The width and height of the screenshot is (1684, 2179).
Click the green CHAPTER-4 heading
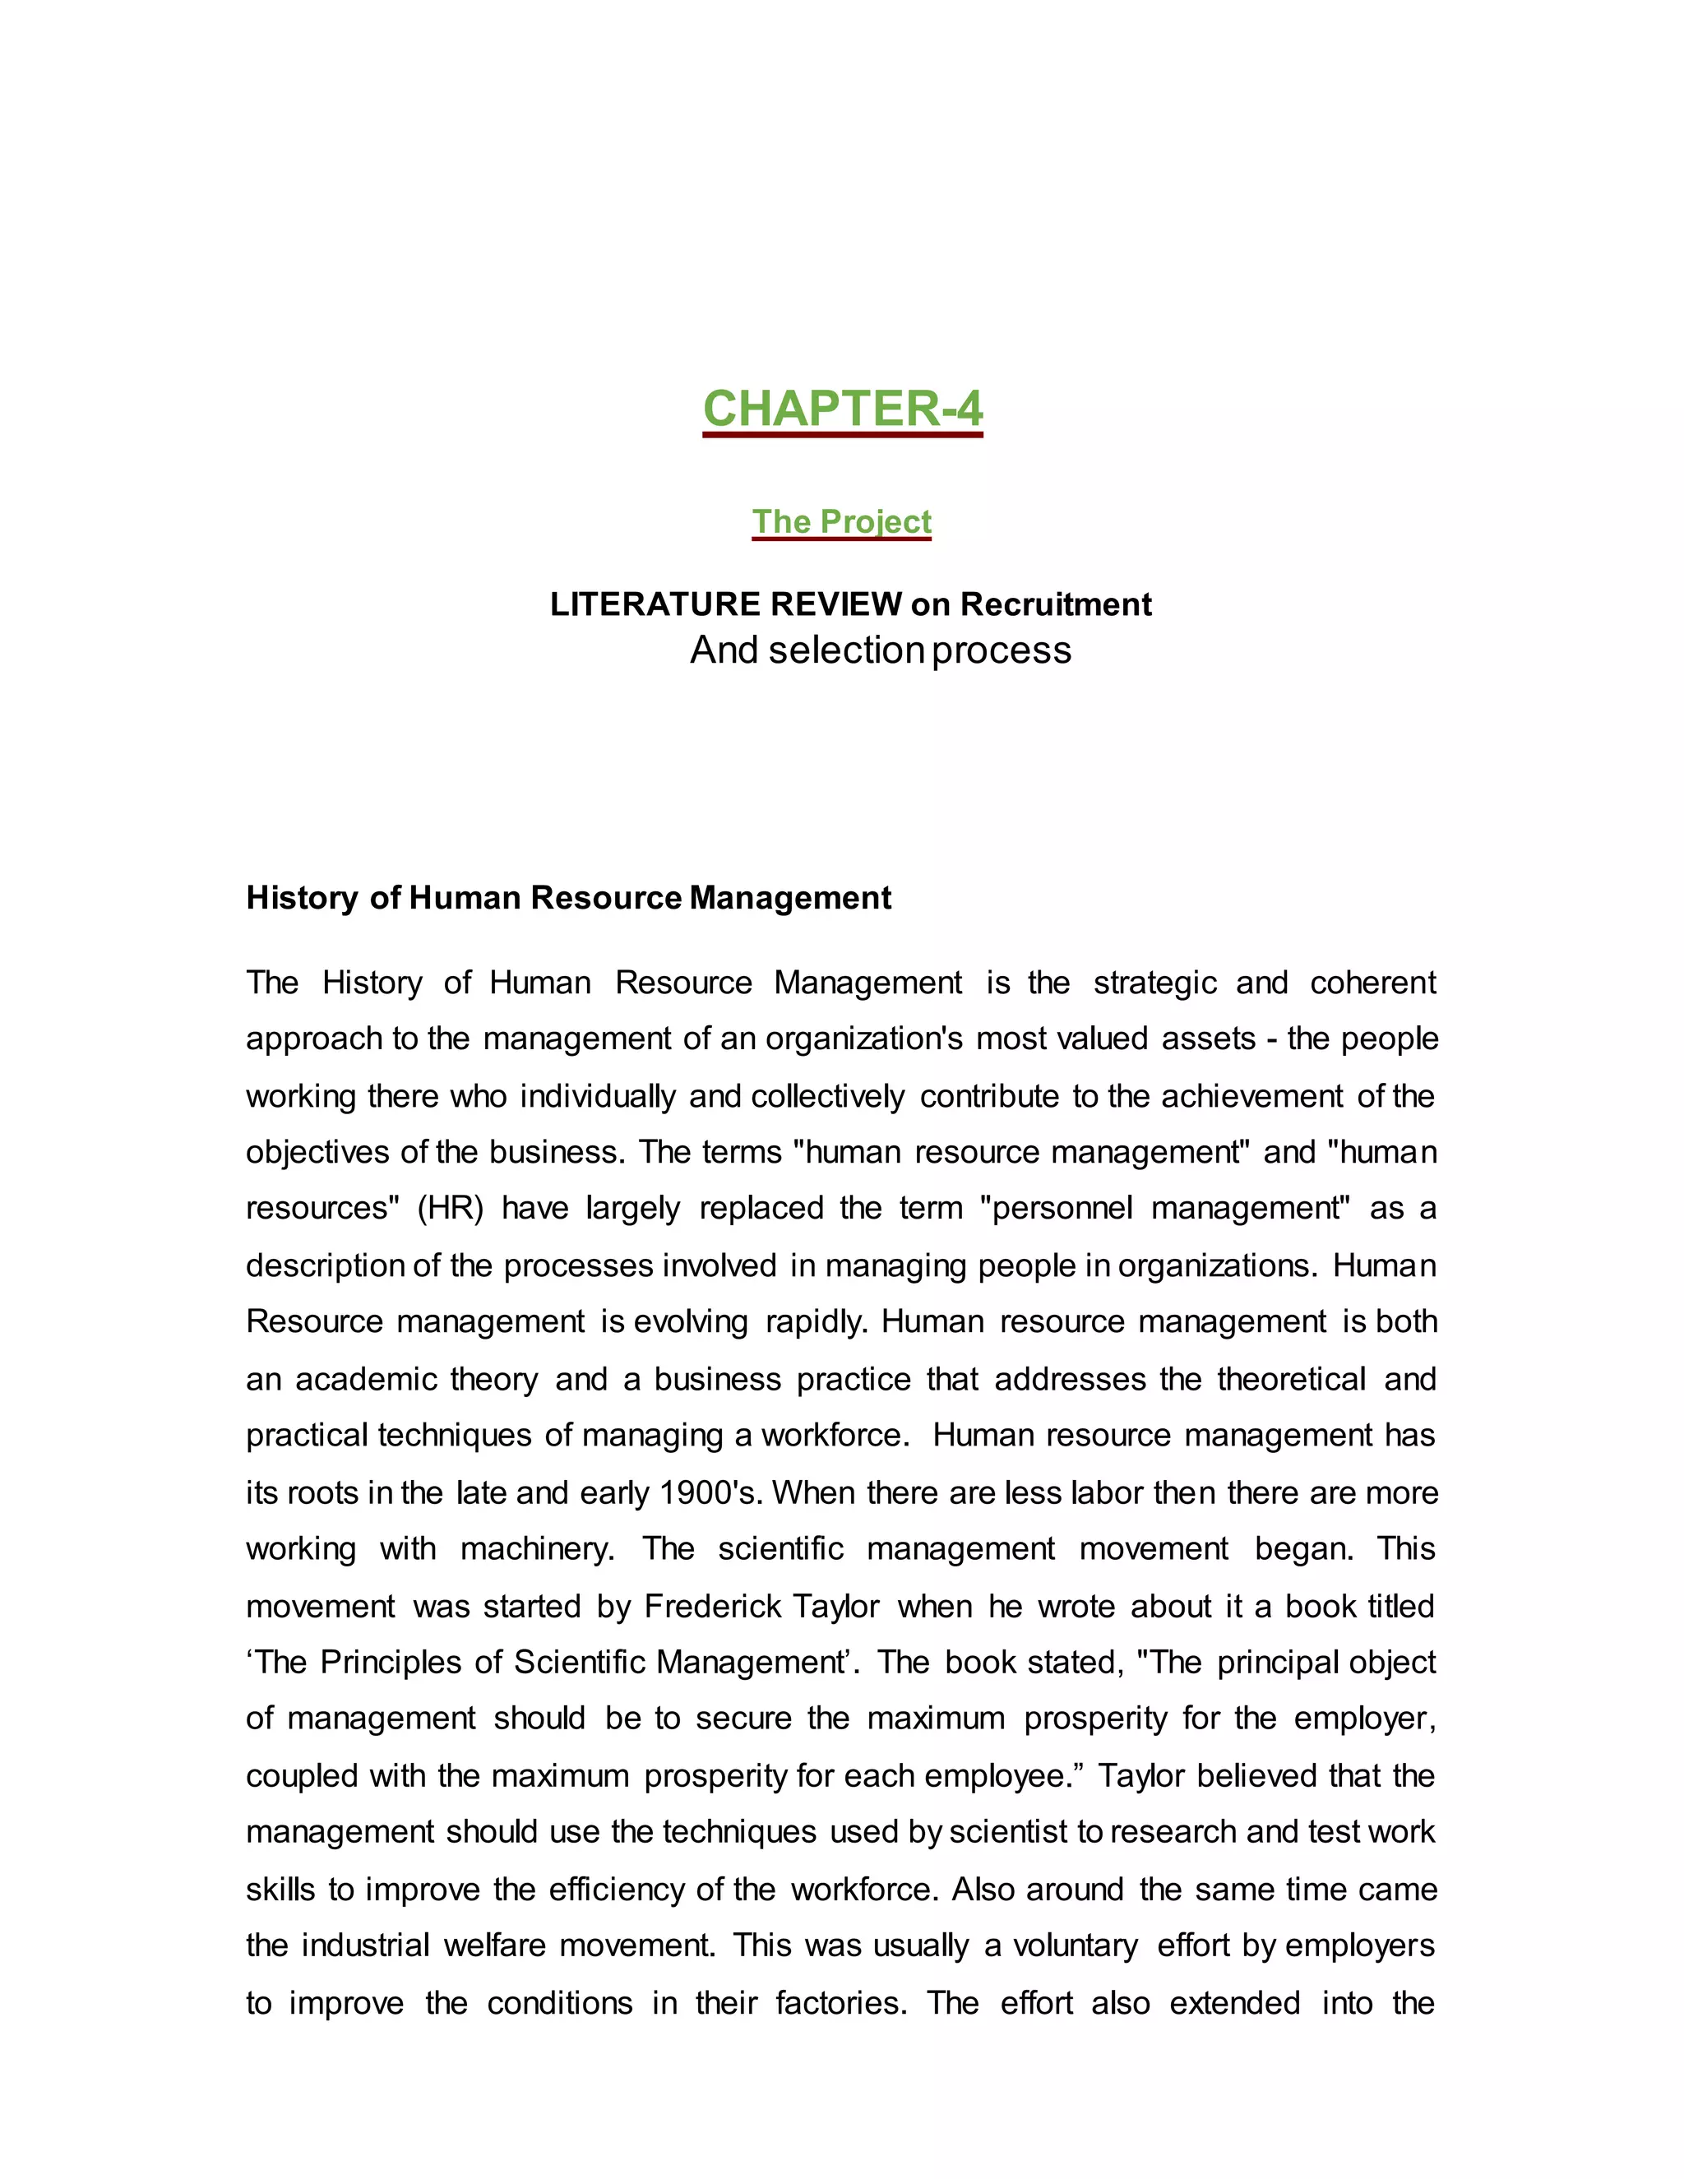[x=842, y=409]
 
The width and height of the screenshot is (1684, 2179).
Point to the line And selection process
[x=880, y=650]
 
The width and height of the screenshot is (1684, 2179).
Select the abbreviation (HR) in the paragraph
[x=449, y=1208]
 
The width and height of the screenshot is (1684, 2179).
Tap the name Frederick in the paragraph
[x=712, y=1607]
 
